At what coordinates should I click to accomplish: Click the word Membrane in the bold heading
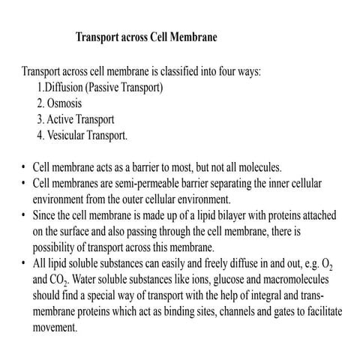pos(191,36)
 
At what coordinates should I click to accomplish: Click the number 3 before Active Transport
pos(39,118)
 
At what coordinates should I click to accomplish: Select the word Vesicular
pos(68,135)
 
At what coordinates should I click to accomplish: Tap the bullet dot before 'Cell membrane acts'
pos(25,167)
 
